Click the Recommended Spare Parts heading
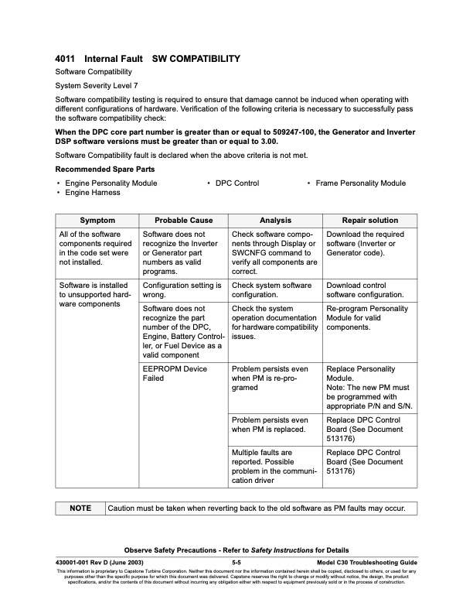pyautogui.click(x=105, y=169)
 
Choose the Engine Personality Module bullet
pyautogui.click(x=111, y=183)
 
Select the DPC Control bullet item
pyautogui.click(x=236, y=183)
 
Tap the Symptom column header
pyautogui.click(x=97, y=221)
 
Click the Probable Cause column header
pyautogui.click(x=183, y=221)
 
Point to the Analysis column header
pyautogui.click(x=274, y=221)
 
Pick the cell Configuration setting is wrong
pyautogui.click(x=182, y=290)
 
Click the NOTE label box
pyautogui.click(x=80, y=509)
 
